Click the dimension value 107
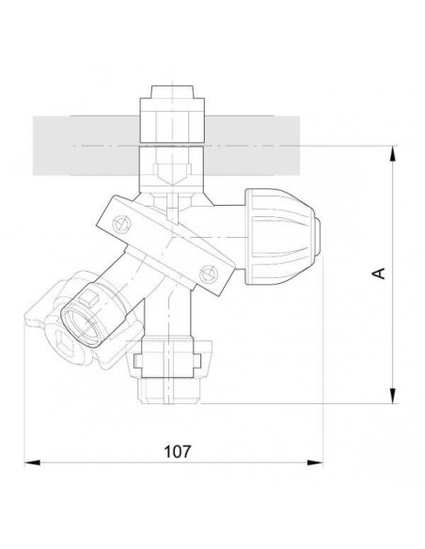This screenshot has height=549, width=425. click(173, 450)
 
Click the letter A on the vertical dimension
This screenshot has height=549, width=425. click(379, 273)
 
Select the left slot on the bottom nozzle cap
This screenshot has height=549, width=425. click(141, 358)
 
